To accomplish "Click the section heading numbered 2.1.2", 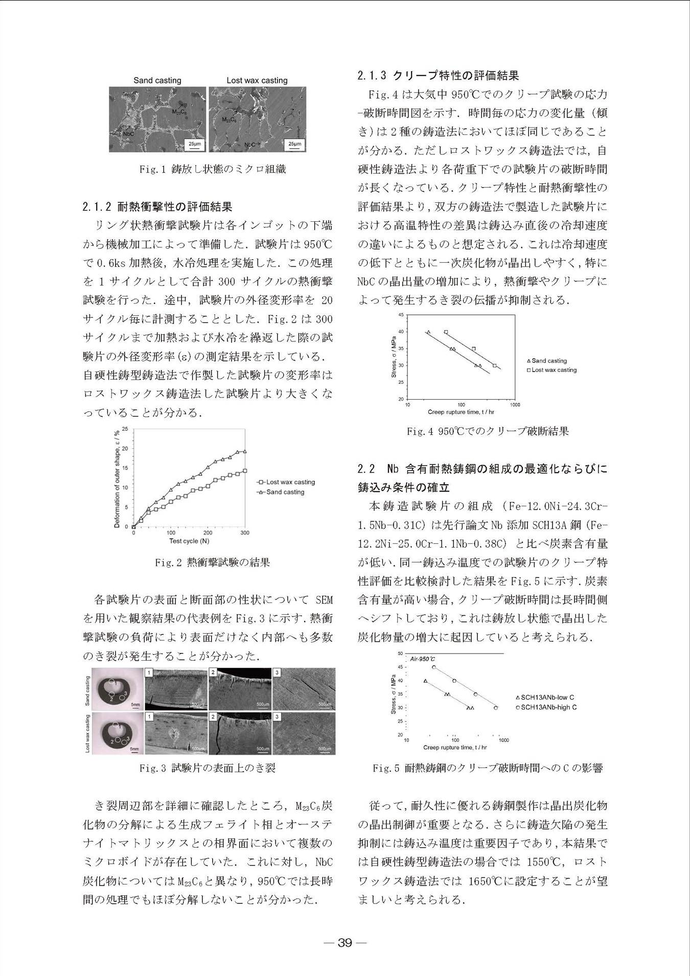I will (x=157, y=207).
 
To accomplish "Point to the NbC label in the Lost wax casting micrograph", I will (x=250, y=145).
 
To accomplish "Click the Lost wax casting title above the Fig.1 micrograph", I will (x=257, y=80).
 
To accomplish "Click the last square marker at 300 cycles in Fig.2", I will (x=245, y=471).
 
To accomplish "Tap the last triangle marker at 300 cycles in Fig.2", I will (x=245, y=452).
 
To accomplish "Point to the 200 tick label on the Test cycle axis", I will (x=208, y=532).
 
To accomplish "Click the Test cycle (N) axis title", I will (x=189, y=541).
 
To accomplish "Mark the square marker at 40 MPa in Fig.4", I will (x=446, y=332).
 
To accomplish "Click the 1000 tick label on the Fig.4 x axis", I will (x=515, y=405).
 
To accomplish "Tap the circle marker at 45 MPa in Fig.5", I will (x=434, y=667).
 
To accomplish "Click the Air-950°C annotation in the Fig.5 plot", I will (x=423, y=659).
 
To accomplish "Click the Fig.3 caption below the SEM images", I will (x=208, y=768).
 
